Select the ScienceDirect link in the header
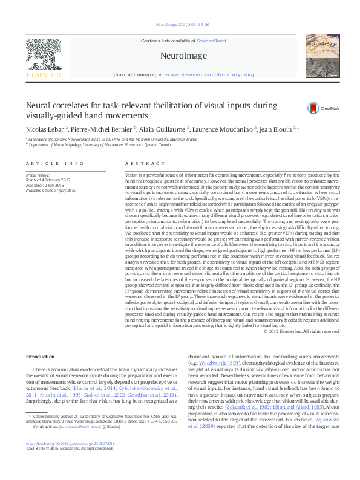211,40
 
